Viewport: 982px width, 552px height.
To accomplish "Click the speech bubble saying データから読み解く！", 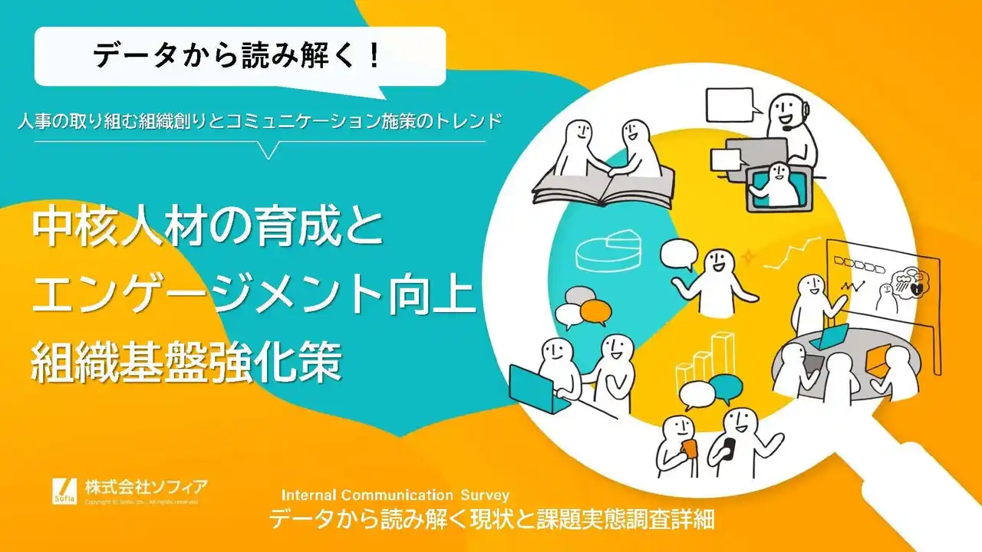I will point(239,56).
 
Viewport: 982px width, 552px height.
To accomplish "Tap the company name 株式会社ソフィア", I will point(146,485).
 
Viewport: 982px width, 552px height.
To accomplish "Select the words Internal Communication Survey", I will point(395,495).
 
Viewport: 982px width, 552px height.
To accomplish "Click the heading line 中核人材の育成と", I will point(206,229).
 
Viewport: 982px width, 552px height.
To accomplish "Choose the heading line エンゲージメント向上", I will point(254,297).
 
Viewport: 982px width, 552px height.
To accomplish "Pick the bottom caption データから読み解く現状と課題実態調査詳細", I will point(491,520).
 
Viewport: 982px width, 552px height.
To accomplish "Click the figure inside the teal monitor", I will point(779,184).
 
